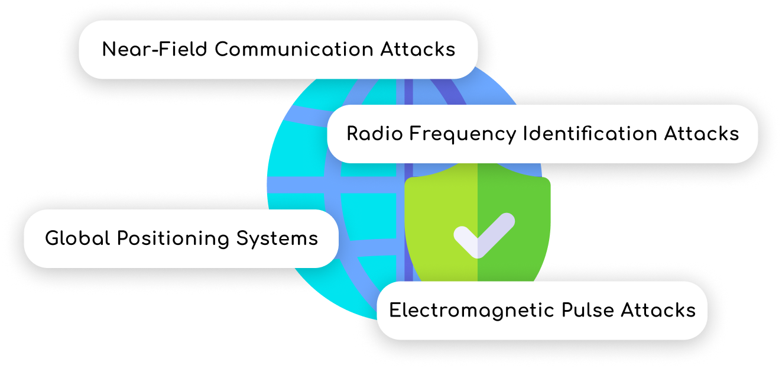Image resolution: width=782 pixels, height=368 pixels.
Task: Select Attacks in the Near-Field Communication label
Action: pyautogui.click(x=417, y=49)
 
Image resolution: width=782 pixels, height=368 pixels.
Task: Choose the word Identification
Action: pyautogui.click(x=590, y=134)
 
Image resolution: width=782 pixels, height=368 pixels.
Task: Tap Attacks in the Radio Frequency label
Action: pyautogui.click(x=702, y=134)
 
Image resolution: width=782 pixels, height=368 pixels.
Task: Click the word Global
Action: pyautogui.click(x=77, y=238)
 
